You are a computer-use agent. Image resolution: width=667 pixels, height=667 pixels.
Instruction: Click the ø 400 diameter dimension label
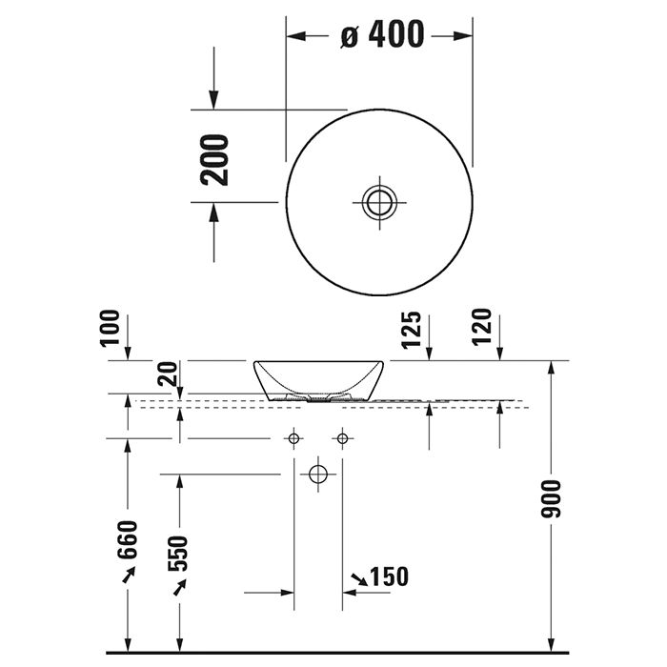[381, 35]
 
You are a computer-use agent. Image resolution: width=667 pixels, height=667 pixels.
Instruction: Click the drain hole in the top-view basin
[378, 201]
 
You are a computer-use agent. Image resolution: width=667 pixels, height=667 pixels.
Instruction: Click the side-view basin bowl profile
[320, 378]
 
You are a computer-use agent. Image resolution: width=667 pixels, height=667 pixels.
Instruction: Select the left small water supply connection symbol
[294, 438]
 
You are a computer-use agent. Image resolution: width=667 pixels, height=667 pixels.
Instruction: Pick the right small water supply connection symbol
[341, 438]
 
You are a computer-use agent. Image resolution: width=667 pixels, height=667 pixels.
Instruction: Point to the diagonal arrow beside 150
[358, 577]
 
